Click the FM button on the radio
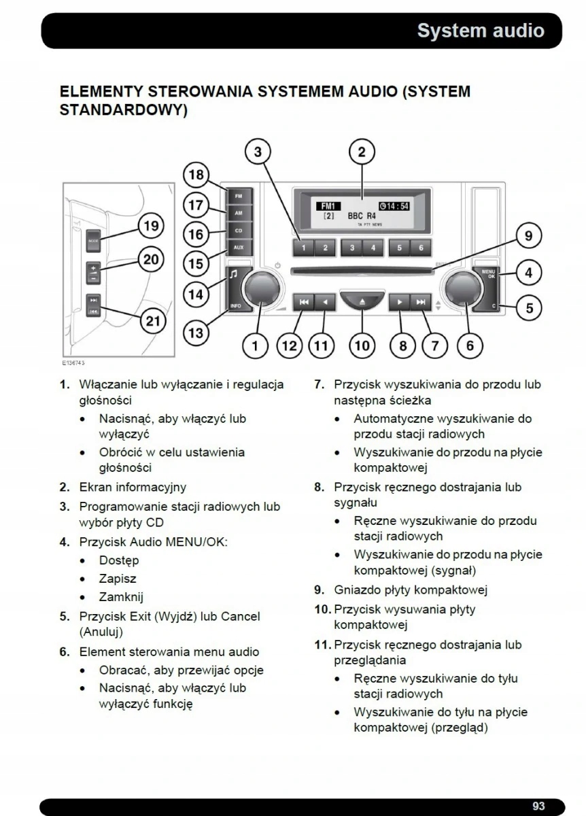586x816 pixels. (x=238, y=196)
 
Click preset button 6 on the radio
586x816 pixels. (x=421, y=248)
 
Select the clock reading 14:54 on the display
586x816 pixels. (x=394, y=206)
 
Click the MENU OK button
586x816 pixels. (x=489, y=274)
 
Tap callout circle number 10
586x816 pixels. (x=362, y=345)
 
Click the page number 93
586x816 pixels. (x=538, y=806)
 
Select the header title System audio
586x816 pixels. (x=480, y=31)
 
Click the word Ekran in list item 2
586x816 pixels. (x=96, y=487)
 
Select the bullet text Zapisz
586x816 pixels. (x=118, y=579)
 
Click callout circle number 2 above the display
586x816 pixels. (x=362, y=152)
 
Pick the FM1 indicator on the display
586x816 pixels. (x=328, y=206)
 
